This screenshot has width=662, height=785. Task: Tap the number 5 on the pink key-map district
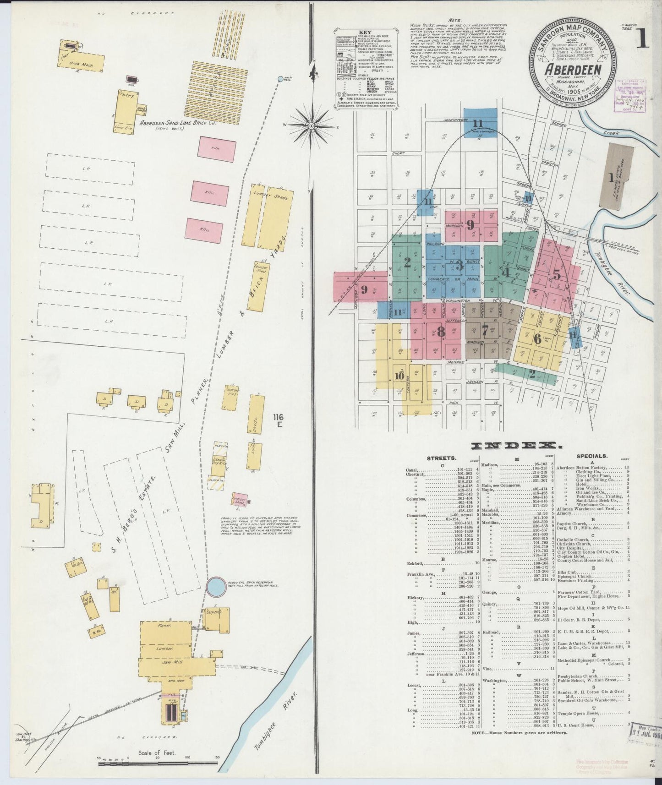click(x=556, y=275)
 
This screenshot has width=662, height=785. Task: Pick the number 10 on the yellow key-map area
click(x=399, y=376)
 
